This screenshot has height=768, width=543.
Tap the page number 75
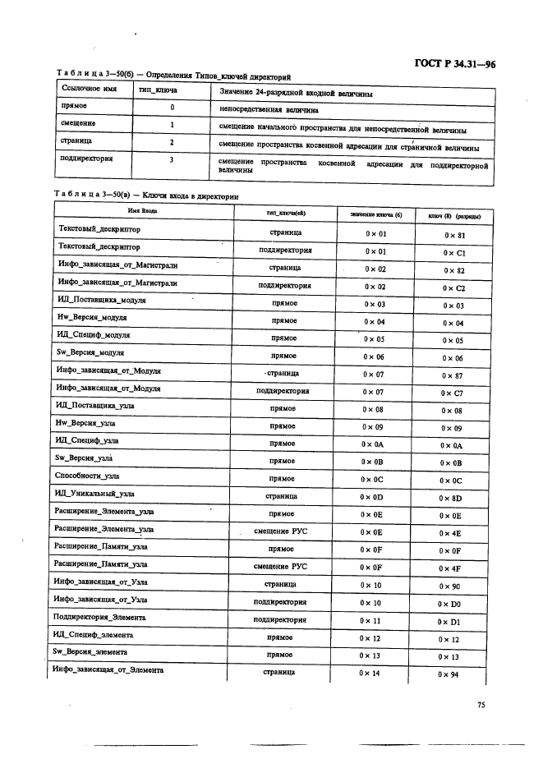point(481,703)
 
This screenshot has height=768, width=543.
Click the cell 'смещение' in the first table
point(79,124)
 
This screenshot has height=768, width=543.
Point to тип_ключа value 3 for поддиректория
point(172,160)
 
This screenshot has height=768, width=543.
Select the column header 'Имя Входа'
point(142,212)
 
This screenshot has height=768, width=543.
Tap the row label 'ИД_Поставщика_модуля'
point(101,301)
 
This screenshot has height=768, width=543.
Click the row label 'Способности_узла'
point(87,476)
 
